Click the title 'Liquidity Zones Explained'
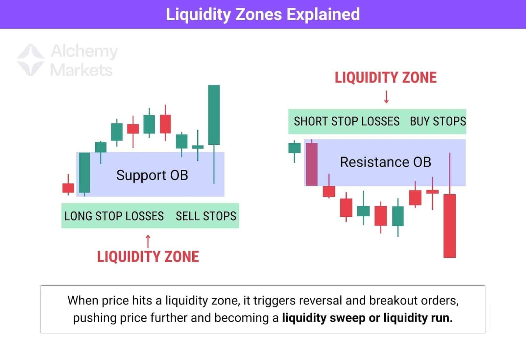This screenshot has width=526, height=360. pos(263,14)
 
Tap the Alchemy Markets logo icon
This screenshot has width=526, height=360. pos(31,60)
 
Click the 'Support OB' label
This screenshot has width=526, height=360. pos(152,175)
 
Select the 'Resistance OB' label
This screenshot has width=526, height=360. pos(385,162)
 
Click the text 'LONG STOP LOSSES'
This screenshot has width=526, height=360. pos(114,216)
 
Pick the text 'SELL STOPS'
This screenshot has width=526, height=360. pos(206,216)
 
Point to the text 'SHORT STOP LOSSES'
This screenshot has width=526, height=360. pos(347,121)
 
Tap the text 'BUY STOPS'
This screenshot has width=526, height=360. pos(438,121)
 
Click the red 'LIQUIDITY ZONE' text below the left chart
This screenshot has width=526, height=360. pos(148,257)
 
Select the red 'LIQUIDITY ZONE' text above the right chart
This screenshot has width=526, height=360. pos(386,78)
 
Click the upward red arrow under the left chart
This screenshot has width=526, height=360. pos(148,241)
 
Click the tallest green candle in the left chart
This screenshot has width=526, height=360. pos(214,115)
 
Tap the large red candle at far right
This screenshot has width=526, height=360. pos(449,226)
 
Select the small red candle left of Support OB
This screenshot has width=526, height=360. pos(68,188)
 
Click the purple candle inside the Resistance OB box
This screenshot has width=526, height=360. pos(312,164)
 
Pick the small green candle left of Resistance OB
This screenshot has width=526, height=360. pos(294,148)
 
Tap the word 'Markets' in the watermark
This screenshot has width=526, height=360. pos(81,70)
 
